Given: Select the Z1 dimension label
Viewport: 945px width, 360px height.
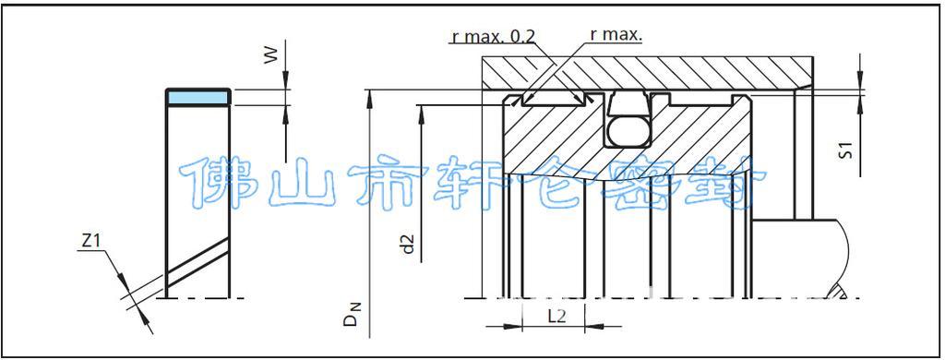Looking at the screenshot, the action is [90, 241].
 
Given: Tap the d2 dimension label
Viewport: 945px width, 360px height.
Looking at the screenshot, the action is [409, 244].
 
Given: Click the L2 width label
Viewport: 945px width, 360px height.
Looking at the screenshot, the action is [556, 316].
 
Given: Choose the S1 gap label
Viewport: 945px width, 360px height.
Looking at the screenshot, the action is [845, 150].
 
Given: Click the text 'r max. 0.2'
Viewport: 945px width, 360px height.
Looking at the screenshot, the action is [493, 36].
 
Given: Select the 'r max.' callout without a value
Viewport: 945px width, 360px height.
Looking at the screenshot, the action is [616, 35].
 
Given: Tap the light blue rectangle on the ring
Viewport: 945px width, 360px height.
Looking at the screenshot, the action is [198, 97].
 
